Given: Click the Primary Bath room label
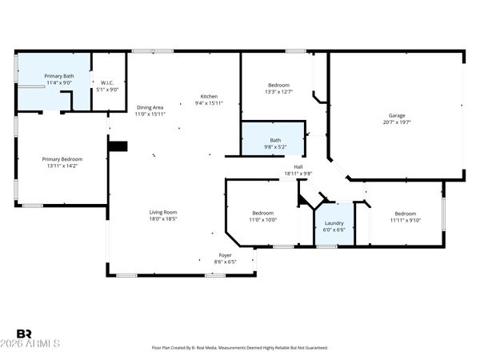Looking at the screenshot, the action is point(59,76).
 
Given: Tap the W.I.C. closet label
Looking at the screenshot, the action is point(107,83).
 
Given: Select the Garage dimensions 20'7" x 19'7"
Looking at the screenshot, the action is point(397,122).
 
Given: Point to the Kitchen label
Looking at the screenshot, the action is point(209,97).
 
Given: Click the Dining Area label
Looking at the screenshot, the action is point(150,107).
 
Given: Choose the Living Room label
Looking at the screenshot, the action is point(163,212).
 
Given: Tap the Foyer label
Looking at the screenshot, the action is point(225,255).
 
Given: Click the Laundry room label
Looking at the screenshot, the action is point(334,223).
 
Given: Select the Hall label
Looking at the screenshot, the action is point(298,167).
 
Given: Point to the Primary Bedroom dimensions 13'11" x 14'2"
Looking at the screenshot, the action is point(62,166).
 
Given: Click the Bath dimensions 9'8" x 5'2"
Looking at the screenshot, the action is point(275,147).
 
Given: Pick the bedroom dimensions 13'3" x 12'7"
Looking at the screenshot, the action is point(279,91).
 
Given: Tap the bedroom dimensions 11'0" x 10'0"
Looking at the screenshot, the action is point(263,220).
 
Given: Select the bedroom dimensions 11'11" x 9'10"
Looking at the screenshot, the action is point(406,221).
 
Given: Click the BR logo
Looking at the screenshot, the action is point(24,334).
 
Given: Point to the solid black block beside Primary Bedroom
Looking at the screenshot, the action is point(118,146).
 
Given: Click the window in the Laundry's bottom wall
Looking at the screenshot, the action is point(326,246).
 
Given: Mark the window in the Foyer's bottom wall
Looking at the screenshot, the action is point(215,275).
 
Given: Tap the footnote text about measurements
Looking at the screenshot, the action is point(240,348).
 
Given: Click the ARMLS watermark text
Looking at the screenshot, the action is point(30,343).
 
